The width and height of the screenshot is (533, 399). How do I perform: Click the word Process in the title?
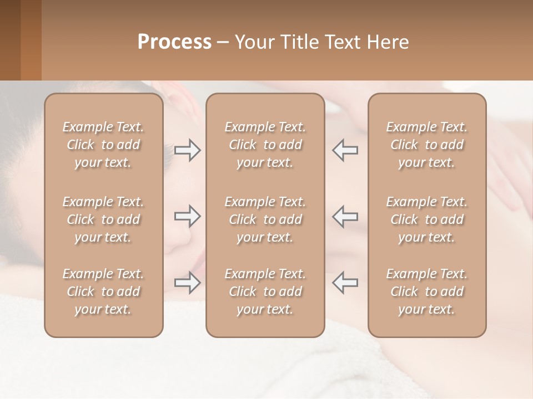(x=174, y=42)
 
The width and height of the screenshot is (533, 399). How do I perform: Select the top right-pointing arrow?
(x=188, y=150)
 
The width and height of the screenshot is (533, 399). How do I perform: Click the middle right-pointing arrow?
(x=188, y=216)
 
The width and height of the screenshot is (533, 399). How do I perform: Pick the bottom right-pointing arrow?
(x=188, y=283)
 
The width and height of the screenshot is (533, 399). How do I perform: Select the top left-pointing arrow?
(x=345, y=150)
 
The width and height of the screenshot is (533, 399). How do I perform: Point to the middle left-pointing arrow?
(x=345, y=216)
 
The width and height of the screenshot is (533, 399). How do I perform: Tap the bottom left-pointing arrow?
(x=345, y=283)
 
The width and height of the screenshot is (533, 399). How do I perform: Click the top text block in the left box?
(x=103, y=145)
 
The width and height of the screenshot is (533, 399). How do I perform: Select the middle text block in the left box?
(x=103, y=219)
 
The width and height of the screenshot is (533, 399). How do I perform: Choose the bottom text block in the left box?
(x=103, y=291)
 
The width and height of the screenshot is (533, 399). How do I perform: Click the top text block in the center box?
(x=265, y=145)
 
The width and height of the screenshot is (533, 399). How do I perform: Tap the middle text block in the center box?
(x=265, y=219)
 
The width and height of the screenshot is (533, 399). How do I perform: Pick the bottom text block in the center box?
(x=265, y=291)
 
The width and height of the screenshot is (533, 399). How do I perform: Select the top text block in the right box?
(x=427, y=145)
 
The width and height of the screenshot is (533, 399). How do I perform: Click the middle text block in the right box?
(x=427, y=219)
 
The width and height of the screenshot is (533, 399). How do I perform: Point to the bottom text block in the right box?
(x=427, y=291)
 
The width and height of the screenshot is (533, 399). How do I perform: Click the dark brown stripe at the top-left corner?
(x=10, y=40)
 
